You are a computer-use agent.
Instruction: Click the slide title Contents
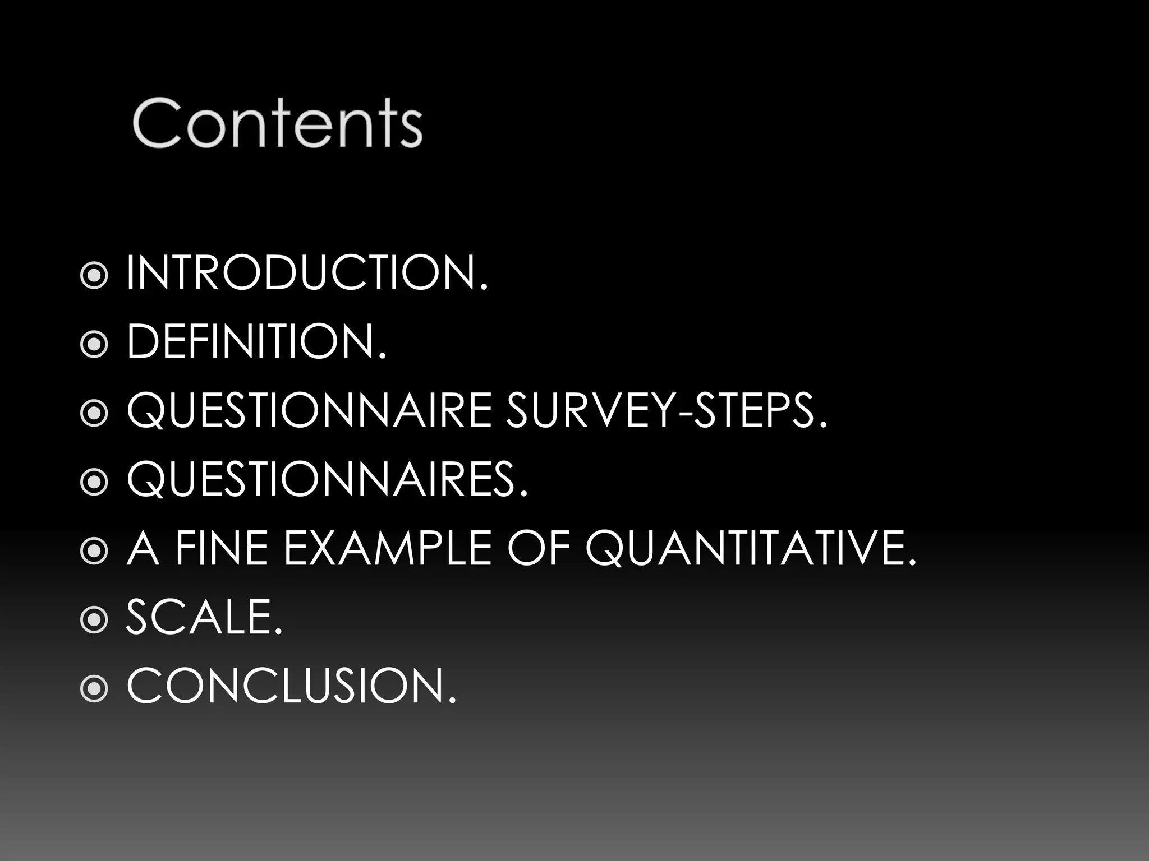[x=277, y=123]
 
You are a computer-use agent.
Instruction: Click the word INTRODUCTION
[x=307, y=273]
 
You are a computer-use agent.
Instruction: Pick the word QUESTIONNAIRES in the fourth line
[x=327, y=480]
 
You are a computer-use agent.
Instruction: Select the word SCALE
[x=204, y=617]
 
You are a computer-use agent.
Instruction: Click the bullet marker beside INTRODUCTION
[x=94, y=275]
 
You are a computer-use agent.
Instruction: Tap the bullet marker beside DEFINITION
[x=94, y=344]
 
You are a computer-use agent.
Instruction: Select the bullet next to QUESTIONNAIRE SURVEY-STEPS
[x=94, y=413]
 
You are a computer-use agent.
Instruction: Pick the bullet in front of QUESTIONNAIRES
[x=94, y=482]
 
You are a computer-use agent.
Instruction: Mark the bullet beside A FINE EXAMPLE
[x=94, y=550]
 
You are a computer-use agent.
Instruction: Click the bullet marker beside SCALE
[x=94, y=619]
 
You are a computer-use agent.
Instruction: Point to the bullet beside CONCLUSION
[x=94, y=688]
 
